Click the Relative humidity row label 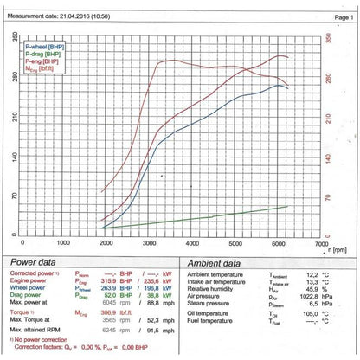coord(215,287)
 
